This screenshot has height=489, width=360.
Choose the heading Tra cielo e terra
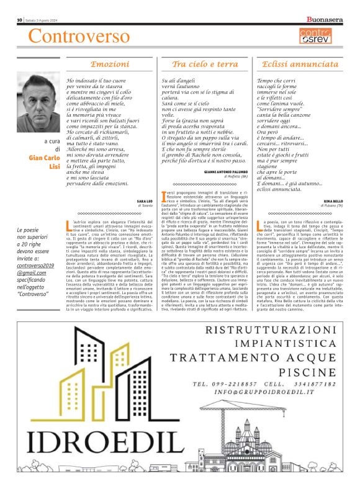[205, 64]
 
